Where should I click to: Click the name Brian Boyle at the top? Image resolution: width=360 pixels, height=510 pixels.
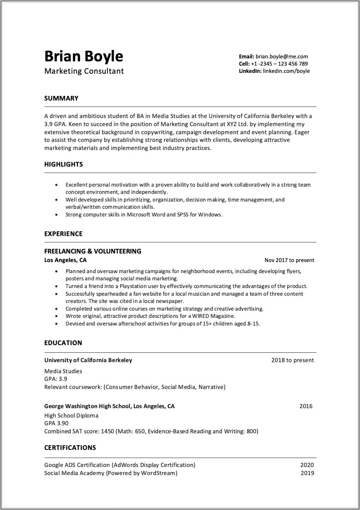pos(84,56)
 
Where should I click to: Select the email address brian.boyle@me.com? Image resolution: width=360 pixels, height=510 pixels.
pos(282,56)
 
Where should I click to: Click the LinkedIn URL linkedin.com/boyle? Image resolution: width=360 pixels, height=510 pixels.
pos(286,71)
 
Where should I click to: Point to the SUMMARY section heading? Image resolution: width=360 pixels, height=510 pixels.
pos(61,98)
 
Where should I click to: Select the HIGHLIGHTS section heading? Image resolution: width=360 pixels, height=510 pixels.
pos(63,164)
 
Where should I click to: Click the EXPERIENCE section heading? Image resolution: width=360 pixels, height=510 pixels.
pos(63,234)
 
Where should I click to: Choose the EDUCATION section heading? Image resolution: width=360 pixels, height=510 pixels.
pos(63,343)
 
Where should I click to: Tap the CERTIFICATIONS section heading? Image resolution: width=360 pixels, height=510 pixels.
pos(70,448)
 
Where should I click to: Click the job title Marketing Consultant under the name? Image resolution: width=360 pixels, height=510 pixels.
pos(84,71)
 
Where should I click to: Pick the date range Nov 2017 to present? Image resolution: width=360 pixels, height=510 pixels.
pos(289,260)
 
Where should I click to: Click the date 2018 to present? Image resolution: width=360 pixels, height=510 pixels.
pos(292,360)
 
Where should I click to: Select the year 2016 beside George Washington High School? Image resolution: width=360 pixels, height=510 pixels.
pos(306,406)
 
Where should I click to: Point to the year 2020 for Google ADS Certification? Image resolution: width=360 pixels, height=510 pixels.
pos(307,465)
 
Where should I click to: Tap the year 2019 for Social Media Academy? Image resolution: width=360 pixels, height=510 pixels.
pos(307,473)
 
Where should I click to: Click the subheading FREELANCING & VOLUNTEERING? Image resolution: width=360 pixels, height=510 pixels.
pos(93,251)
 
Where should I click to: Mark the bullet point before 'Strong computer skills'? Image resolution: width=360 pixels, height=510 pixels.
pos(56,215)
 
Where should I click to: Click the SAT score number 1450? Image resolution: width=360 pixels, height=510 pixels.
pos(107,431)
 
